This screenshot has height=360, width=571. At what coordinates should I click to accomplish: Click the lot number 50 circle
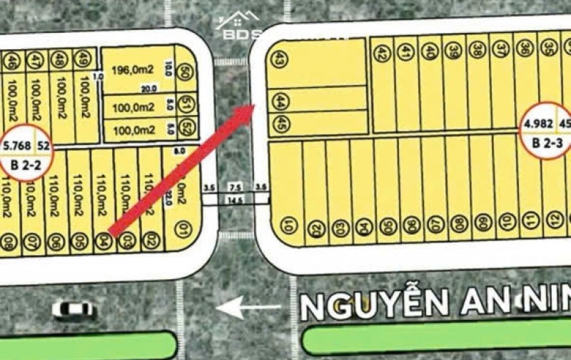[186, 71]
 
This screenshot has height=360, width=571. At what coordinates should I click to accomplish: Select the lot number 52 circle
[186, 129]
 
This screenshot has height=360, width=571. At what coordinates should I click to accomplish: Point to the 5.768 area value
[17, 145]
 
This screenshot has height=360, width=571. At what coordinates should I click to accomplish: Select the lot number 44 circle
[281, 101]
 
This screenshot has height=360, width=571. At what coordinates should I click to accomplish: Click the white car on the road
[74, 310]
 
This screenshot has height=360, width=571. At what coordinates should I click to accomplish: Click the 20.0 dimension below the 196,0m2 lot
[148, 89]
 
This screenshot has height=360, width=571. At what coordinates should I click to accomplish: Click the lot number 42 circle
[383, 53]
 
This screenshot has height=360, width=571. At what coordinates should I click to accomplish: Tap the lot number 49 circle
[84, 57]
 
